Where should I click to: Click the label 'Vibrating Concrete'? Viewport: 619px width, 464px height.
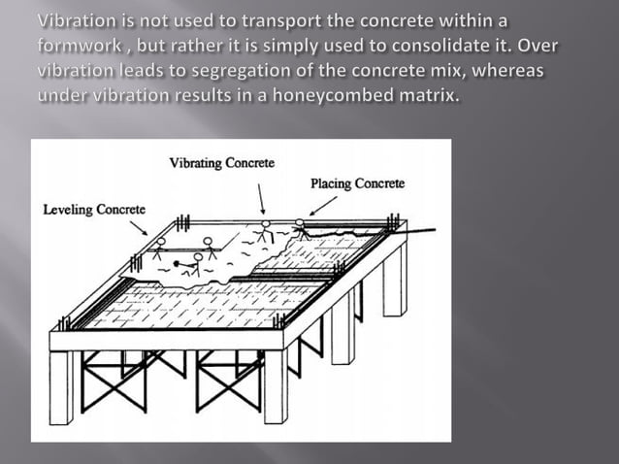point(221,163)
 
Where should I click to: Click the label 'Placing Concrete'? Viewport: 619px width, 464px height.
point(357,183)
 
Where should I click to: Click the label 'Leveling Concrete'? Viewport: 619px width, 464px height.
point(94,209)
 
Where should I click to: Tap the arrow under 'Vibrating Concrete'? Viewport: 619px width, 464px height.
point(261,199)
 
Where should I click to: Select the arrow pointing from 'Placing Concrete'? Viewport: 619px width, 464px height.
point(322,205)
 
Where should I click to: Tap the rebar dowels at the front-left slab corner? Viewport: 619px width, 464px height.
point(64,322)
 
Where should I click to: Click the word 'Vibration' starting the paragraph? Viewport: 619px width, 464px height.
point(75,22)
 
